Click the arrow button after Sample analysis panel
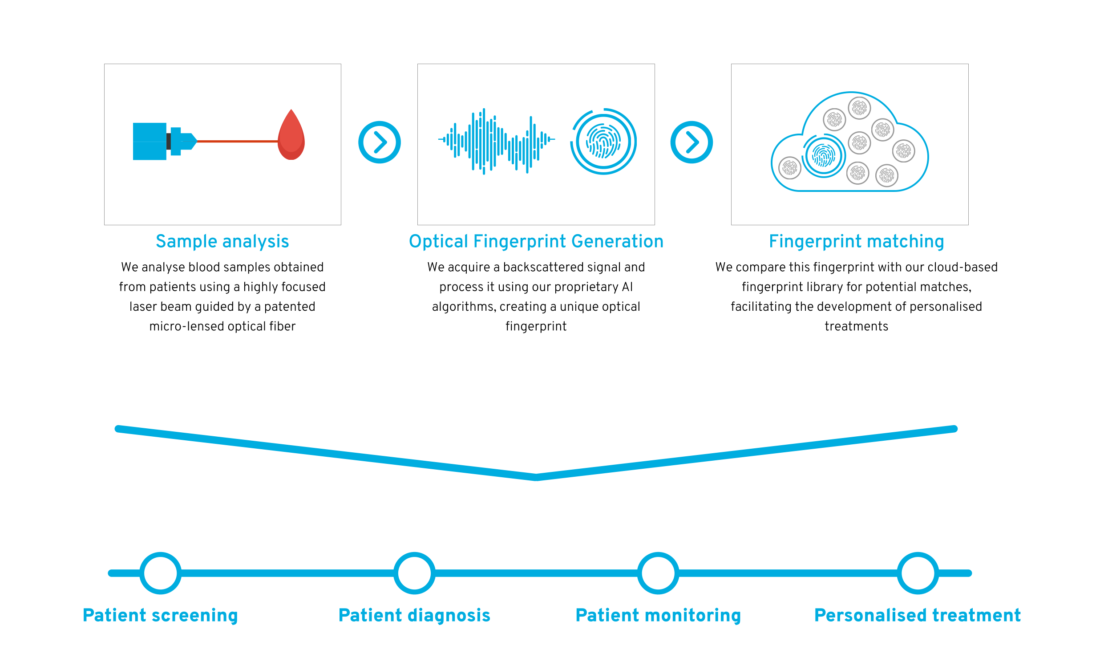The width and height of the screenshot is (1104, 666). coord(380,142)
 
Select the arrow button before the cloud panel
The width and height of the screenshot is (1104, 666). coord(692,142)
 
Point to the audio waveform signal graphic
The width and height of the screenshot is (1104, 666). coord(497,141)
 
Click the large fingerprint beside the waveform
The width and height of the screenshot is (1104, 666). coord(603,142)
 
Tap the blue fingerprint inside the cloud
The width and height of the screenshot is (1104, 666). coord(824,156)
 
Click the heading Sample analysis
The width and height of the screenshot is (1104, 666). coord(222,242)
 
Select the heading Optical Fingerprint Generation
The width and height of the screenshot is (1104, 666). coord(536,242)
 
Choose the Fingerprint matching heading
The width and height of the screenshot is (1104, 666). coord(856,242)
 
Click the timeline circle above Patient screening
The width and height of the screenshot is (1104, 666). coord(160,573)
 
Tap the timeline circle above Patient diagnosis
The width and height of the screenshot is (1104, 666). coord(414,573)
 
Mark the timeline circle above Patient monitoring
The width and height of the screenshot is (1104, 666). coord(658,573)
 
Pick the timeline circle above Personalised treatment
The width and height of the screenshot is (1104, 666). coord(918,573)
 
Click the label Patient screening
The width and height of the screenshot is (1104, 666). coord(160,615)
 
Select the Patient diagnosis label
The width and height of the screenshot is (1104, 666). coord(414,615)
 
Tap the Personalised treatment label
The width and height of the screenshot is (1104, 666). coord(918,615)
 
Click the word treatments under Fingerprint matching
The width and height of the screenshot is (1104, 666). coord(856,326)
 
